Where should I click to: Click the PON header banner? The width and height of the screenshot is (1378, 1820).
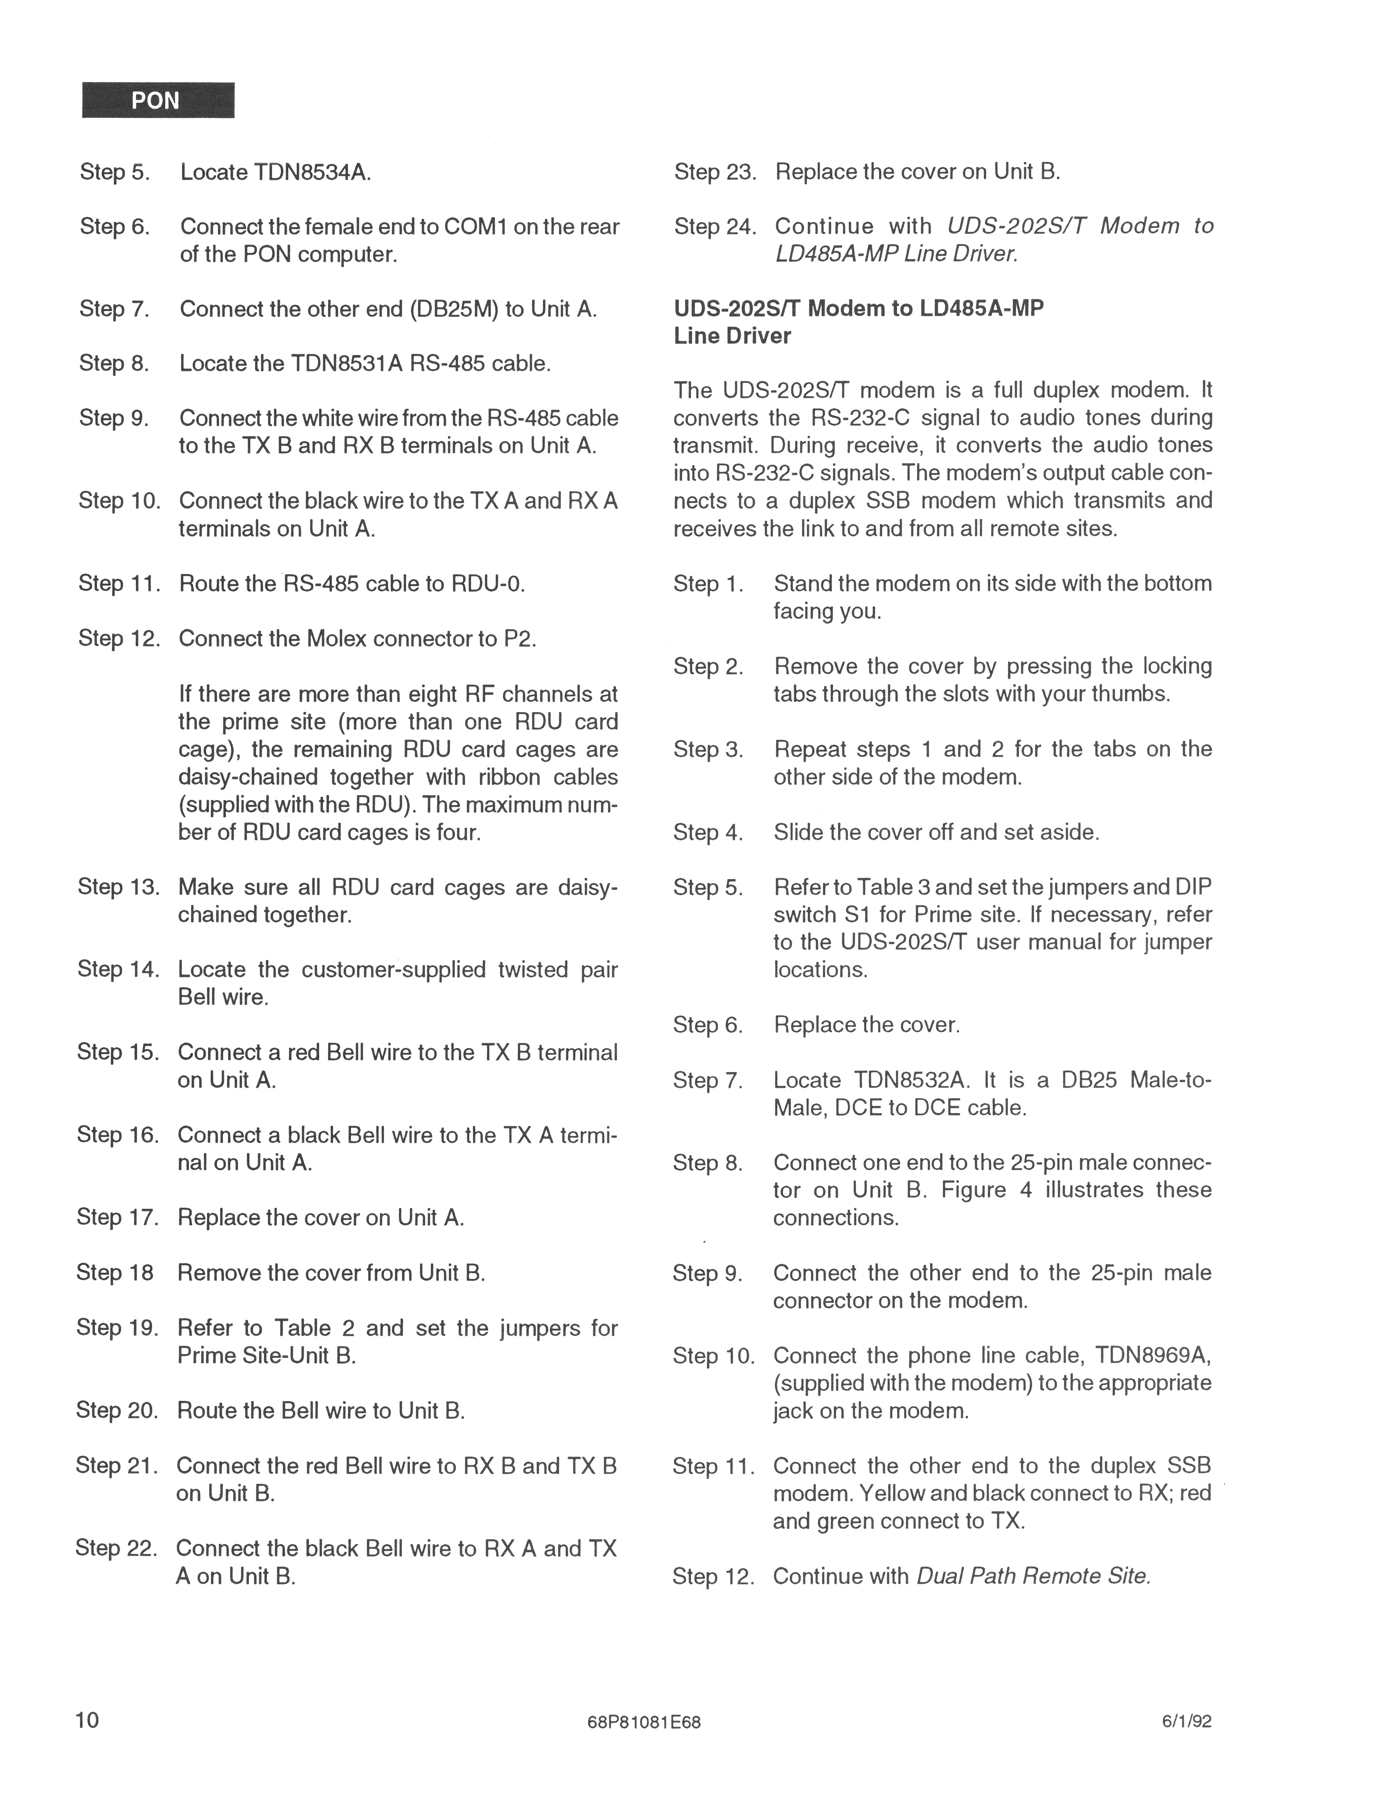(x=158, y=101)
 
